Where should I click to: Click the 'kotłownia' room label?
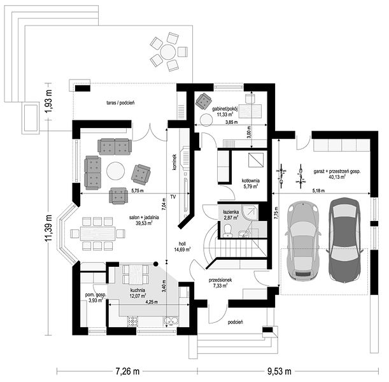point(251,181)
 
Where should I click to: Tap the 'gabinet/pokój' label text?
point(225,109)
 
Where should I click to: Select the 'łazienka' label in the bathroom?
point(230,212)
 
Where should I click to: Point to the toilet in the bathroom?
point(227,230)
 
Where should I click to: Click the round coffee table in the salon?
point(116,171)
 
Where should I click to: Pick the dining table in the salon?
point(98,234)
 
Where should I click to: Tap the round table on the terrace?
point(168,52)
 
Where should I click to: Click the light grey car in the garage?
point(302,241)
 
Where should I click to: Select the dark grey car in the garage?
point(344,239)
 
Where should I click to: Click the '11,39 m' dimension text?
point(48,228)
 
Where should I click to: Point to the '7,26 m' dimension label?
point(127,371)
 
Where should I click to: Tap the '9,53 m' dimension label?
point(279,371)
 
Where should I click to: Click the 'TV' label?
point(173,197)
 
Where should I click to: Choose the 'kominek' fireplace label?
point(174,162)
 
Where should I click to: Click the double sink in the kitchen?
point(171,321)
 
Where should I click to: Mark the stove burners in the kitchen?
point(132,321)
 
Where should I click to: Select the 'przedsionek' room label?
point(220,280)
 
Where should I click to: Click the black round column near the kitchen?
point(156,264)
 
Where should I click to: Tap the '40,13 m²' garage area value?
point(337,177)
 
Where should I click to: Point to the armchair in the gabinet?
point(204,101)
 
